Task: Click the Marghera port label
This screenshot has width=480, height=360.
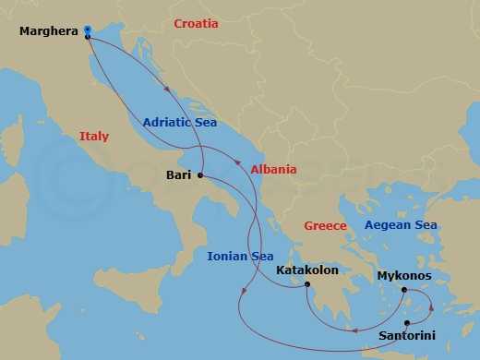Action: point(49,33)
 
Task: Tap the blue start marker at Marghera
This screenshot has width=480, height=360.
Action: point(87,29)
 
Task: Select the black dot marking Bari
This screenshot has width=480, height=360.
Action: point(199,176)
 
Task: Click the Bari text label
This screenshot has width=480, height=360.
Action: point(179,173)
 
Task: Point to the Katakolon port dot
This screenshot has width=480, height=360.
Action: point(306,284)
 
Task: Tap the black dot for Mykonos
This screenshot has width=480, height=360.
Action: point(404,290)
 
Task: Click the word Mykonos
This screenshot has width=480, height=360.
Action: point(404,275)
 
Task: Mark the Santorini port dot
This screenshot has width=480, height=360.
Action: point(406,322)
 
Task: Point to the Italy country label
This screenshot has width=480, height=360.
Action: point(93,136)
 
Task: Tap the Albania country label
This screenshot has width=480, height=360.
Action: point(273,169)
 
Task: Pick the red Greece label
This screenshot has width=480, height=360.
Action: point(326,225)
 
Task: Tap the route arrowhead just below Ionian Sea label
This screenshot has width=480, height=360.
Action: point(242,293)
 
